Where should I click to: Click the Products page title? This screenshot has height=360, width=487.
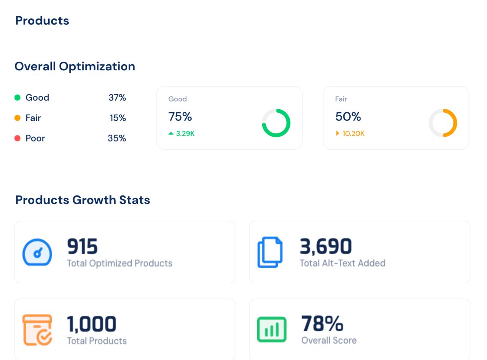tap(42, 21)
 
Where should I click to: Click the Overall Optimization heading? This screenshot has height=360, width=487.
tap(75, 66)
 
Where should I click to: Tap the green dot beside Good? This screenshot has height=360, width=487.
tap(18, 98)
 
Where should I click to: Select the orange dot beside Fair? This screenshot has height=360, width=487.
tap(18, 118)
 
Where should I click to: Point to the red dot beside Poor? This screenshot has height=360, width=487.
tap(18, 138)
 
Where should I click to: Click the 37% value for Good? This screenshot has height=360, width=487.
tap(117, 98)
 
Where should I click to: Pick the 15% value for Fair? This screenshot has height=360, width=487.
tap(118, 118)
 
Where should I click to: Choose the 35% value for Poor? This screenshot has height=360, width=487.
tap(117, 138)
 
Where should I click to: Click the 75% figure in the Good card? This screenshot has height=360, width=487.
tap(180, 117)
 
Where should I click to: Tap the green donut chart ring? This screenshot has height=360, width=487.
tap(276, 123)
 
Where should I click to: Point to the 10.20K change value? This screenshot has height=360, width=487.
tap(353, 133)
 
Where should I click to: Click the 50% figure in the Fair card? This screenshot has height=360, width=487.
tap(348, 117)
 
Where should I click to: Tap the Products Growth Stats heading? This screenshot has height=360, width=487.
tap(83, 200)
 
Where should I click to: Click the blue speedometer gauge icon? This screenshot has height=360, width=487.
tap(37, 252)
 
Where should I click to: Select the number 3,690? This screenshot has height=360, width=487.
tap(326, 246)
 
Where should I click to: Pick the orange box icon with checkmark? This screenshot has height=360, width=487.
tap(37, 330)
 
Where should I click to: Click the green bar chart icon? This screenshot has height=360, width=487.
tap(271, 330)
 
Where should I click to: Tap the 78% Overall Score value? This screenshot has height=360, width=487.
tap(322, 324)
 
